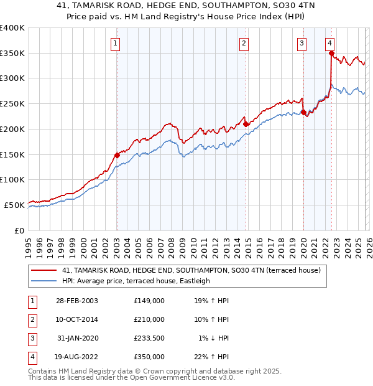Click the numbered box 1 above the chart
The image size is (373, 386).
[x=116, y=43]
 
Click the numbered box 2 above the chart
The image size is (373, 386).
[x=244, y=43]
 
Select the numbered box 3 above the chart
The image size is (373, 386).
[x=302, y=43]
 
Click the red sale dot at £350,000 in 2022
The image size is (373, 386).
[x=331, y=54]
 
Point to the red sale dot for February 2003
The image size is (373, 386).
[x=117, y=155]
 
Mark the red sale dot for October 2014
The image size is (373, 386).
[x=246, y=124]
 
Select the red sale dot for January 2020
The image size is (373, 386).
[x=303, y=113]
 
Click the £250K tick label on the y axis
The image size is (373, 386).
[x=12, y=104]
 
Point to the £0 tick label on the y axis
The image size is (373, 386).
[x=19, y=230]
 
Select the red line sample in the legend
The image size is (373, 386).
[x=44, y=270]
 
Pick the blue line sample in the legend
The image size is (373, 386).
[x=44, y=281]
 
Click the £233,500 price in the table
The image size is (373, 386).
[x=149, y=338]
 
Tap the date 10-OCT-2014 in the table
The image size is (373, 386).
[x=76, y=319]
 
